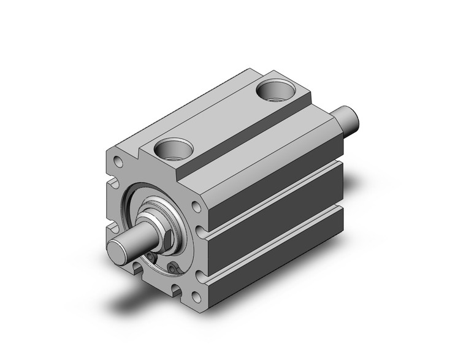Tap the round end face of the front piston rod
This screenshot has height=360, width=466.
tap(118, 251)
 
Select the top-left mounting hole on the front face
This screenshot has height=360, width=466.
tap(118, 163)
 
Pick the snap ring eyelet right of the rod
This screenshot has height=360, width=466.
tap(175, 267)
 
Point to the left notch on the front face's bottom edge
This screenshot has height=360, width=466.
tap(136, 266)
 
